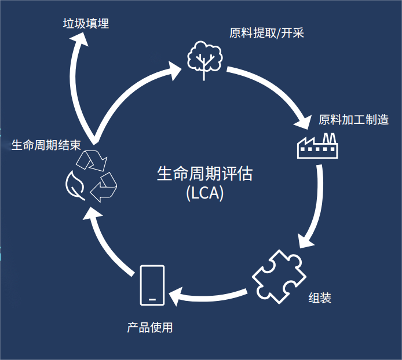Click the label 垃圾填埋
[x=86, y=24]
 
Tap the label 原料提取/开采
[x=266, y=33]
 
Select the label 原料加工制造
[x=353, y=120]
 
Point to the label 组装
[x=320, y=297]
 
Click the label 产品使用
[x=150, y=328]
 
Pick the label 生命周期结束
[x=46, y=145]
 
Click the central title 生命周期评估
[x=205, y=174]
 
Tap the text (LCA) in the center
[x=205, y=193]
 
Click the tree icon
[x=204, y=60]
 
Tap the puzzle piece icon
[x=279, y=277]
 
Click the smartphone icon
[x=152, y=285]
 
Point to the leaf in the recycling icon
[x=75, y=186]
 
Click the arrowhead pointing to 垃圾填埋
[x=79, y=40]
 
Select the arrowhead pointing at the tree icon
[x=174, y=71]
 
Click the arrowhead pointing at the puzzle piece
[x=306, y=241]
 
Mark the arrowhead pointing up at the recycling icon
[x=92, y=213]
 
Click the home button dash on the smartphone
[x=152, y=299]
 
